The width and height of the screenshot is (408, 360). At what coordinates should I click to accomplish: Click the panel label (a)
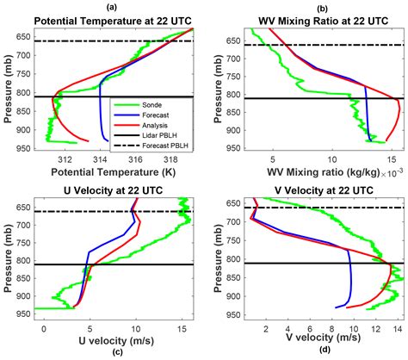pyautogui.click(x=113, y=6)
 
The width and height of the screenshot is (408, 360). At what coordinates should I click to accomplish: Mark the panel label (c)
pyautogui.click(x=113, y=352)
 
